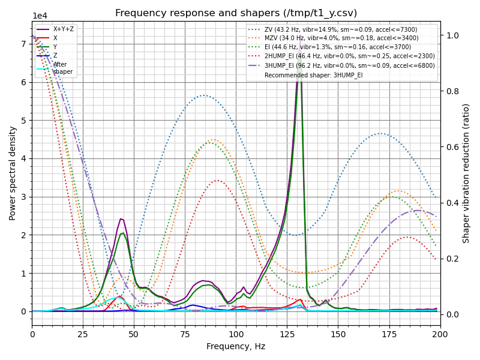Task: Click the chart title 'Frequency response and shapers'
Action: click(x=236, y=13)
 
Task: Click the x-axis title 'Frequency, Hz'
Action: click(x=236, y=346)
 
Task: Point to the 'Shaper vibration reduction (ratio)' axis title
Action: click(x=466, y=173)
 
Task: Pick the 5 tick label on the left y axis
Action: click(x=23, y=121)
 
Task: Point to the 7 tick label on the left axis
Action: click(x=23, y=44)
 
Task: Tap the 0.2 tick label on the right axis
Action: click(x=451, y=259)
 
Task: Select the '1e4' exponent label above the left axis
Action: click(x=40, y=16)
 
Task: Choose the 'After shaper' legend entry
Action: click(x=60, y=68)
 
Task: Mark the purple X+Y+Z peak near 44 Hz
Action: click(x=121, y=218)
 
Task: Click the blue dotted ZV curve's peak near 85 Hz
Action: click(x=204, y=95)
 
